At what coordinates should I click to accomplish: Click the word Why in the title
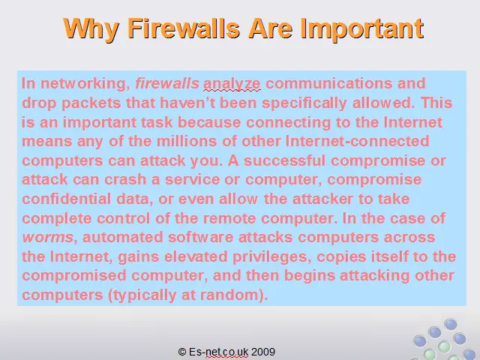(x=91, y=29)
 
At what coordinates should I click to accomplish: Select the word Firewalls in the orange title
(x=184, y=28)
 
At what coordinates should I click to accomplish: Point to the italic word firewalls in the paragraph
(x=167, y=83)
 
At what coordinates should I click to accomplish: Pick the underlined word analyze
(x=232, y=84)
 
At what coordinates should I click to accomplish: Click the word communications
(x=328, y=83)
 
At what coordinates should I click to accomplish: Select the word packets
(x=91, y=103)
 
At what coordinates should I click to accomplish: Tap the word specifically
(x=304, y=103)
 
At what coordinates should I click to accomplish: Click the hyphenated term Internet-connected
(x=357, y=141)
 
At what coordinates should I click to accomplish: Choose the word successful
(x=284, y=160)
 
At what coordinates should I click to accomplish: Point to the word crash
(x=125, y=180)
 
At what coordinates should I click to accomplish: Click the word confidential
(x=67, y=199)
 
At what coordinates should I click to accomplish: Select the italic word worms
(x=48, y=238)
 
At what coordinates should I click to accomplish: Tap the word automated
(x=122, y=238)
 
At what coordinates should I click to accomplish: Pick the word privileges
(x=270, y=257)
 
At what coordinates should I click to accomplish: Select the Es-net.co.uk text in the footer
(x=218, y=352)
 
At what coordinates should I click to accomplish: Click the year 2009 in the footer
(x=263, y=352)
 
